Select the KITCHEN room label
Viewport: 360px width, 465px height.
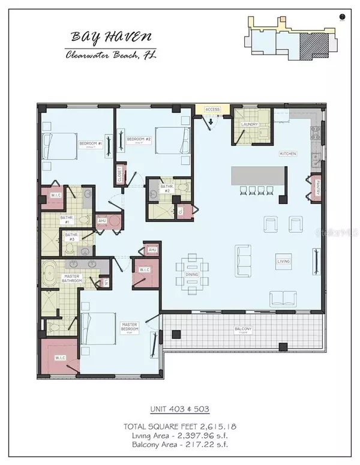click(287, 154)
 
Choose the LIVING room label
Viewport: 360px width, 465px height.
click(283, 262)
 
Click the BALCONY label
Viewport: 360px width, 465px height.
click(243, 329)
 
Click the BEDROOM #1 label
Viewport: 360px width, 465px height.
click(91, 144)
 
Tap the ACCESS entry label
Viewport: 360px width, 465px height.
click(213, 110)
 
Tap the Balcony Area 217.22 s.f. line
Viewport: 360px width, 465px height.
click(180, 445)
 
